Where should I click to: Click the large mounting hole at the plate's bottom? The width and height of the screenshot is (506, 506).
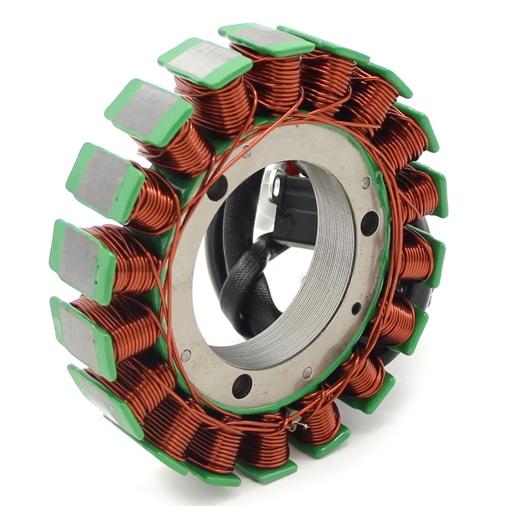tap(242, 386)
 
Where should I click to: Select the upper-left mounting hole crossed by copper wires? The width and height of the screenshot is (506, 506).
tap(217, 188)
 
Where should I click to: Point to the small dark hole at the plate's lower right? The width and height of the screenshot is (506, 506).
tap(356, 308)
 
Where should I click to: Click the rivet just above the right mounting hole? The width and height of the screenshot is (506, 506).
tap(366, 182)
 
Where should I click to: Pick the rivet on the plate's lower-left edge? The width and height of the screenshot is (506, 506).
tap(186, 355)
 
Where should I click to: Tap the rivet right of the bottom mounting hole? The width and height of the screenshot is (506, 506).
tap(307, 373)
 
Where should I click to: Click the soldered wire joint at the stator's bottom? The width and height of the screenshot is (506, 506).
tap(296, 423)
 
